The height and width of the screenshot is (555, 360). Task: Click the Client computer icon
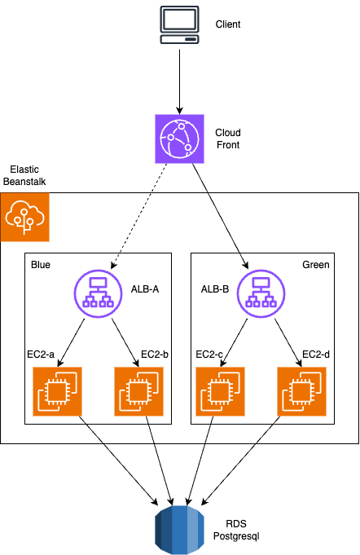point(180,24)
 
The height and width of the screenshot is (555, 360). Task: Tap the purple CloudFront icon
point(180,139)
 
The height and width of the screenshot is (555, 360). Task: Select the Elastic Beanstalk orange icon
point(24,218)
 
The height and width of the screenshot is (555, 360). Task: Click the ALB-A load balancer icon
point(98,293)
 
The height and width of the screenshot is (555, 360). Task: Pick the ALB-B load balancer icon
point(261,293)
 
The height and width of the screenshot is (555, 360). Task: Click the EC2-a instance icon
point(57,391)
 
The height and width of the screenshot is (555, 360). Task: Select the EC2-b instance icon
point(138,391)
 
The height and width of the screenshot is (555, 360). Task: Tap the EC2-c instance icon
point(220,391)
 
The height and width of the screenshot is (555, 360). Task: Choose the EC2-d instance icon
point(301,391)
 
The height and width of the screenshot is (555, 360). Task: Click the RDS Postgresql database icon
point(180,530)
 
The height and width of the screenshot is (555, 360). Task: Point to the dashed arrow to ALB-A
point(139,216)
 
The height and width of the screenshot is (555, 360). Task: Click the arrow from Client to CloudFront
point(180,81)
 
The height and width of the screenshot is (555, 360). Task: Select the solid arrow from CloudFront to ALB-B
point(220,216)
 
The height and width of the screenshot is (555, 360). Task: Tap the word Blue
point(41,265)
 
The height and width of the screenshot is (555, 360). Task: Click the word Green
point(316,265)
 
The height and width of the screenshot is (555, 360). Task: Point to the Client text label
point(228,24)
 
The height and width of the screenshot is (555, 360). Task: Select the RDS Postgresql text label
point(236,530)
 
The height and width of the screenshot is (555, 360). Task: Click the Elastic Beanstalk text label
point(24,175)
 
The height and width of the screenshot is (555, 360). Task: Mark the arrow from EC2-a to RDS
point(118,460)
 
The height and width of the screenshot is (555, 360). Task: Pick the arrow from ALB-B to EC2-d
point(288,342)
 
